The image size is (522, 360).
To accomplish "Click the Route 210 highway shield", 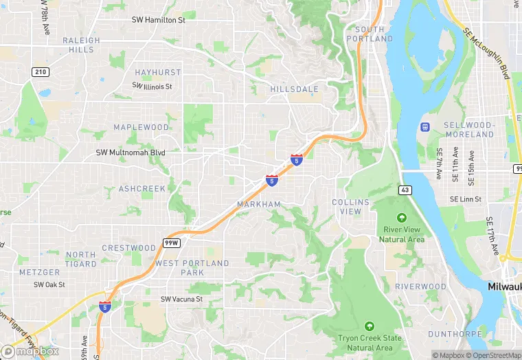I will [x=40, y=71].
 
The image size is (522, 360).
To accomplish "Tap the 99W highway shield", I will [x=171, y=242].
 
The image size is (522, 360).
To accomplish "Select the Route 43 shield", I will [x=404, y=188].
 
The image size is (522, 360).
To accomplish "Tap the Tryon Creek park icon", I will [x=370, y=326].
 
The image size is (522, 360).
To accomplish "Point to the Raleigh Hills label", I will [x=81, y=45].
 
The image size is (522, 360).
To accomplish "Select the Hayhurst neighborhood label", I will [x=158, y=72].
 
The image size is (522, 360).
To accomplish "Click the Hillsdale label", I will [x=294, y=89].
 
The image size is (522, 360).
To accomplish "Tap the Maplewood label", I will [x=141, y=127].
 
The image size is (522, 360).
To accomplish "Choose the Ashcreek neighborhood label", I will [x=142, y=188].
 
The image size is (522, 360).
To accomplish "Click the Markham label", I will [x=259, y=204].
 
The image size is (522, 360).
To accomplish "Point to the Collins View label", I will [x=351, y=207].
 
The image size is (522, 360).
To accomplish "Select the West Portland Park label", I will [x=192, y=268].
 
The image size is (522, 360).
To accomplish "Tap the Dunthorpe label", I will [x=451, y=334].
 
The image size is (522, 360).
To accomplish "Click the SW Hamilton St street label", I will [x=168, y=20].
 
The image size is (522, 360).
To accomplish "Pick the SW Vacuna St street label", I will [x=181, y=299].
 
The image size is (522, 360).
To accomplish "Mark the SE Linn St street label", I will [x=466, y=199].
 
